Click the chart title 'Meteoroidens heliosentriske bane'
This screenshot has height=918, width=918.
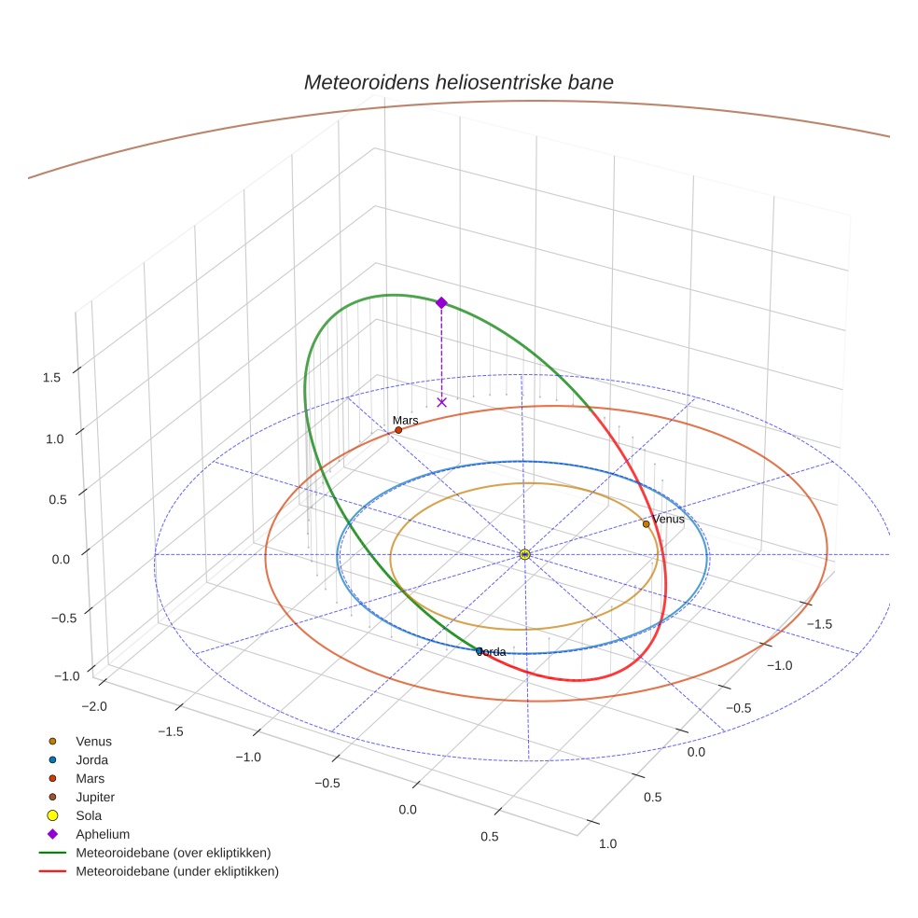click(458, 82)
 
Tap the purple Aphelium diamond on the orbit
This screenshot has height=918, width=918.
click(441, 302)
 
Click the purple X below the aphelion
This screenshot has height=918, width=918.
click(441, 402)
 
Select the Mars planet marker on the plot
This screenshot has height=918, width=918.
click(398, 430)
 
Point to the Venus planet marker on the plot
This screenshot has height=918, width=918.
click(646, 524)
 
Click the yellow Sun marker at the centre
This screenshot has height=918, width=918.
click(524, 554)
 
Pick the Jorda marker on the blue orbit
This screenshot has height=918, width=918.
click(480, 651)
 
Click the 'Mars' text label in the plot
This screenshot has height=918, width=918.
click(405, 421)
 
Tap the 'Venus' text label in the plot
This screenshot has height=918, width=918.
click(668, 519)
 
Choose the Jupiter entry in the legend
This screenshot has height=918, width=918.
click(95, 797)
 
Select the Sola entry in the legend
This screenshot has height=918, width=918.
click(89, 815)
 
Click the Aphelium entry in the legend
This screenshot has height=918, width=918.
click(102, 834)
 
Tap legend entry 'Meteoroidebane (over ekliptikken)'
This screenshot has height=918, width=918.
click(173, 853)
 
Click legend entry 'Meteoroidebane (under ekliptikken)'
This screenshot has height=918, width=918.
click(177, 871)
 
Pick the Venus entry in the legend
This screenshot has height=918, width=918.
click(93, 741)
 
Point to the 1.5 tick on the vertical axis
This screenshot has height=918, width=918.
click(51, 377)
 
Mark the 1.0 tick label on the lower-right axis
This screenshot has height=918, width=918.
click(606, 843)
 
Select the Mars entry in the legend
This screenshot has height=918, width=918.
click(90, 778)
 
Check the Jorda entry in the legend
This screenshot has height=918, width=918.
click(91, 759)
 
